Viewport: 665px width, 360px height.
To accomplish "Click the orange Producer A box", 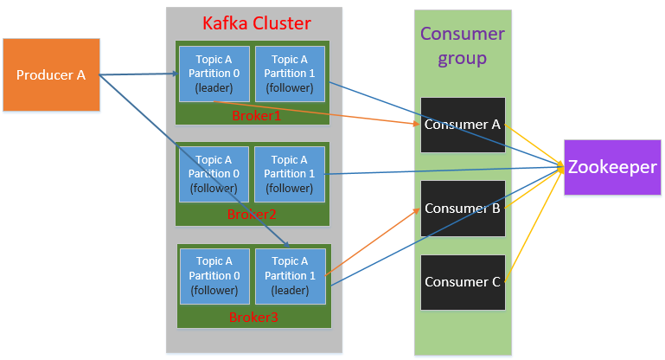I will (51, 74).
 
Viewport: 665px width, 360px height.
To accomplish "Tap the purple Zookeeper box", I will (612, 167).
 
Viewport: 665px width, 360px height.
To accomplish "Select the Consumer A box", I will (462, 125).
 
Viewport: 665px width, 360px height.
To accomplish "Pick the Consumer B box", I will (462, 209).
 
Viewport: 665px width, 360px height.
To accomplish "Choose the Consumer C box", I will (462, 282).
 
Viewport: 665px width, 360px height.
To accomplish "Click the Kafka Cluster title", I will (255, 22).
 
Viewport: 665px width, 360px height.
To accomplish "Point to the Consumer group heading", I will (462, 46).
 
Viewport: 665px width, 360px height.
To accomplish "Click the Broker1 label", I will (256, 116).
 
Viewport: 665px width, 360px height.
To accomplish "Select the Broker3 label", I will (253, 318).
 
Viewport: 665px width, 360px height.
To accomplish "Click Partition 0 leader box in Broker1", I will (214, 74).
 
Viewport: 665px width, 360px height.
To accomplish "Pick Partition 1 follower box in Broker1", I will (289, 74).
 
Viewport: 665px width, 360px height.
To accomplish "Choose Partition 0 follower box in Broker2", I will (214, 174).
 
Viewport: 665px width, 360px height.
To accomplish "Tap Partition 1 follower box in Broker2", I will (289, 174).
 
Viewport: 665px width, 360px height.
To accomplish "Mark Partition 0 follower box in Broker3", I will (214, 275).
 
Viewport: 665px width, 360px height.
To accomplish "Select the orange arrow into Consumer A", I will (329, 113).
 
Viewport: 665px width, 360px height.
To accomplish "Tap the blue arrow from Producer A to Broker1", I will (138, 74).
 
